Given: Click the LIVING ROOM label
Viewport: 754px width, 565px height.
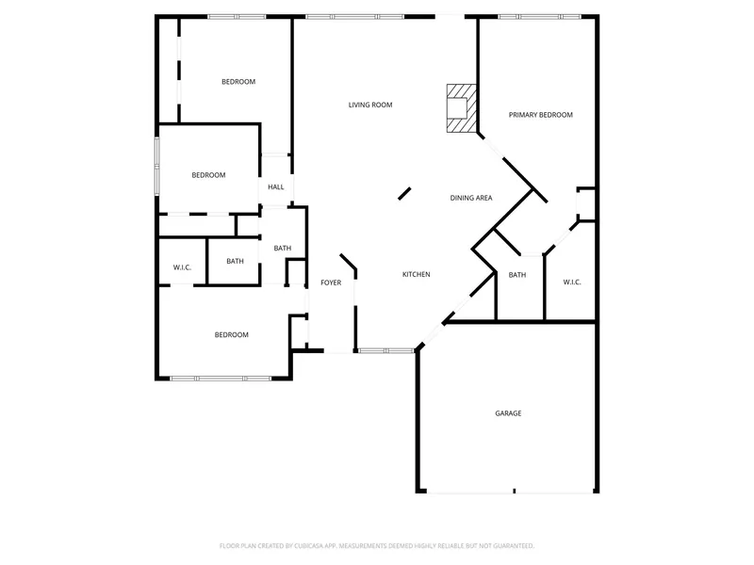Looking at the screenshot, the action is [370, 105].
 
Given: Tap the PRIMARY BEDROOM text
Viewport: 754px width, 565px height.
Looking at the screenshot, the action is [540, 115].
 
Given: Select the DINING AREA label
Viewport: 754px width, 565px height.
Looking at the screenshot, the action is [470, 198].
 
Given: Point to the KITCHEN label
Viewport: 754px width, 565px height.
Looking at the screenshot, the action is [416, 274].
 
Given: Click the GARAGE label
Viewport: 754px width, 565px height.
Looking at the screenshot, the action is [508, 413].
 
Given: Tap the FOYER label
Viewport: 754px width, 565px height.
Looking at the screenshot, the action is [331, 283].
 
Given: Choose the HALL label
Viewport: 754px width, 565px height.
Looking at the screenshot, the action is [275, 186].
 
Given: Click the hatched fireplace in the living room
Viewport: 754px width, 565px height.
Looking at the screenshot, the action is [462, 108].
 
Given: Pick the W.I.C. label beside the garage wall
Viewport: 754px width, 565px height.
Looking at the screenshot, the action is [572, 282].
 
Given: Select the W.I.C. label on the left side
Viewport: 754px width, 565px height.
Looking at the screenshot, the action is [182, 267].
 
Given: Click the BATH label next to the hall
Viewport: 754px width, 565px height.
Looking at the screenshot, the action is [282, 249].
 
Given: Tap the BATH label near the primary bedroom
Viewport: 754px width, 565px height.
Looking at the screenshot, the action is [516, 275].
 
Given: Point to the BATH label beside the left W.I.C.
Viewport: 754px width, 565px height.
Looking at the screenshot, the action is [235, 262].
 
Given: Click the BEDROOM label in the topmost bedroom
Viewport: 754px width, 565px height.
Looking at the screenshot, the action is [238, 82].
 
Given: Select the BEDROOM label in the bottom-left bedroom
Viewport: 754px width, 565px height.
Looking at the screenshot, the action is [231, 335].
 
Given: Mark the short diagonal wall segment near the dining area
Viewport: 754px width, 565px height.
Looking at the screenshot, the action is [404, 193].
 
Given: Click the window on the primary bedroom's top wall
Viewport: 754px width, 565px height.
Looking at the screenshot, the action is [539, 17].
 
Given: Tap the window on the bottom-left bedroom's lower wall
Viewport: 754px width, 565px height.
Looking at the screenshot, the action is [221, 379].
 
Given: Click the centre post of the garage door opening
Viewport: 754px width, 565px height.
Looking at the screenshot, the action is [514, 491].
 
